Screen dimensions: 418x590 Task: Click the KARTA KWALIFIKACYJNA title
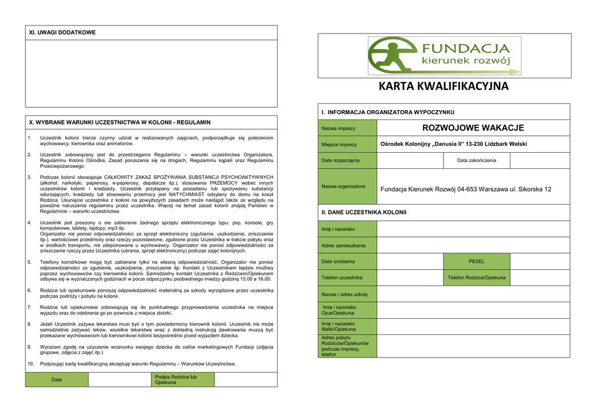[x=444, y=86]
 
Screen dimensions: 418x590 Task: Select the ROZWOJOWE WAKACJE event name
[x=473, y=128]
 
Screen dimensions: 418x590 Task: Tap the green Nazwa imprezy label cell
[x=347, y=128]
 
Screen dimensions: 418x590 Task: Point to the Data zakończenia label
[x=476, y=160]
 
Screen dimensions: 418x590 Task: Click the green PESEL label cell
[x=476, y=261]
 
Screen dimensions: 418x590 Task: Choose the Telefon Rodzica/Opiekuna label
[x=476, y=277]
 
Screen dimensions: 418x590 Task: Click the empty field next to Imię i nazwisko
[x=473, y=229]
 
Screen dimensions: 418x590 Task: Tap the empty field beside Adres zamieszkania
[x=473, y=245]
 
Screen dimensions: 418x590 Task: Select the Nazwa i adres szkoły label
[x=347, y=294]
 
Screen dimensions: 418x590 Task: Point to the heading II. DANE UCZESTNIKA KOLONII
[x=364, y=212]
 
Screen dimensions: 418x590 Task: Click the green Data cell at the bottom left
[x=56, y=379]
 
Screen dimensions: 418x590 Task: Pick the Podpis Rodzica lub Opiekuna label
[x=176, y=379]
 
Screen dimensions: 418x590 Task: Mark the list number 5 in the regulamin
[x=29, y=262]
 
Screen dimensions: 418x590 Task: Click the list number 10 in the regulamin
[x=31, y=364]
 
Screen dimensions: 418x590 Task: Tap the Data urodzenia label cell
[x=347, y=261]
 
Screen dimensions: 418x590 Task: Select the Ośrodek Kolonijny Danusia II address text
[x=453, y=144]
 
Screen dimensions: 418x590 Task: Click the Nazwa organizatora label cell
[x=347, y=186]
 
